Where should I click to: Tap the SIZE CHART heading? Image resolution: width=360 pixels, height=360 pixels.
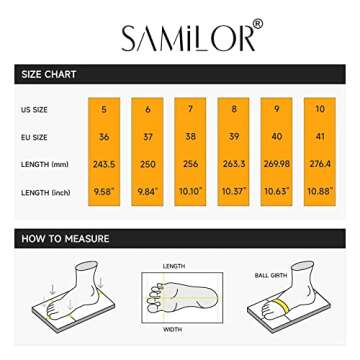point(50,74)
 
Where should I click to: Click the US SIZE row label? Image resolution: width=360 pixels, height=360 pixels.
point(33,109)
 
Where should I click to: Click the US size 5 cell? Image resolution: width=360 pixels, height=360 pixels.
point(104,109)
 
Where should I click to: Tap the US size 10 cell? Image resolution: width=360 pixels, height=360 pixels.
point(320,109)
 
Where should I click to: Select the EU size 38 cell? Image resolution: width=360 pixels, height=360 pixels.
point(190,137)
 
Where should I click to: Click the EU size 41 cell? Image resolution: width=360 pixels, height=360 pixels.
point(320,137)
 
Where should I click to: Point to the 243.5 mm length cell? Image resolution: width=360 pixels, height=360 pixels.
point(104,163)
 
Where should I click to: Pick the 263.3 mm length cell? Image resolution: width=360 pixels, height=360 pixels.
point(234,163)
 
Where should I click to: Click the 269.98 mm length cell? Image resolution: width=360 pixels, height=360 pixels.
point(277,163)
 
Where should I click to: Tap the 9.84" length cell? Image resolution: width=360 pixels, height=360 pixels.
point(147,191)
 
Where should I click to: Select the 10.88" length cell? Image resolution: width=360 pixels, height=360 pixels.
point(320,191)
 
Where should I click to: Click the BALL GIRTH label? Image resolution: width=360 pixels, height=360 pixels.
point(267,273)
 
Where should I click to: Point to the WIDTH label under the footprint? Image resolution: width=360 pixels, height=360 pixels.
point(172,328)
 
